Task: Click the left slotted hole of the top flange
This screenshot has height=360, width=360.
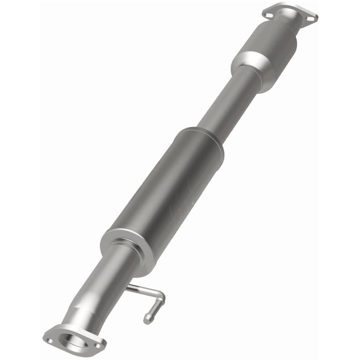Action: click(269, 15)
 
